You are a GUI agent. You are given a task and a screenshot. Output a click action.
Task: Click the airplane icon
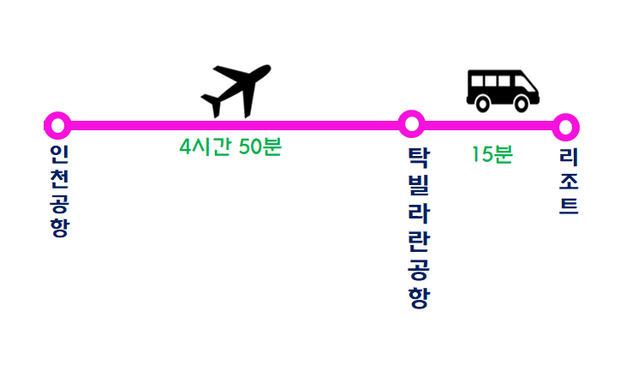pyautogui.click(x=236, y=89)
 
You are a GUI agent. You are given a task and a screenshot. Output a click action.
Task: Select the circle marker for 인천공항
pyautogui.click(x=57, y=125)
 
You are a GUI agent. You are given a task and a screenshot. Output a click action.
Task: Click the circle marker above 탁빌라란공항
pyautogui.click(x=411, y=123)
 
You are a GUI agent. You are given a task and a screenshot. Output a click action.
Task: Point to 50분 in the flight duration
pyautogui.click(x=260, y=147)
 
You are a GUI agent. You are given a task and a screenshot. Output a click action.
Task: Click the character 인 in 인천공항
pyautogui.click(x=58, y=154)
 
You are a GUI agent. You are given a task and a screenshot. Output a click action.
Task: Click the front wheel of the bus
pyautogui.click(x=522, y=103)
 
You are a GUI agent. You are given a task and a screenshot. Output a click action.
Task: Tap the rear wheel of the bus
pyautogui.click(x=483, y=103)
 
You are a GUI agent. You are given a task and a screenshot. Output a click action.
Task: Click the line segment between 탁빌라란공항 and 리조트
pyautogui.click(x=488, y=125)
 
